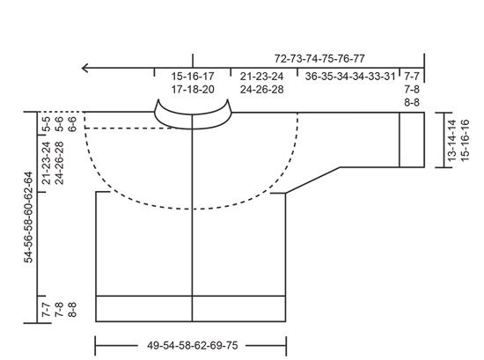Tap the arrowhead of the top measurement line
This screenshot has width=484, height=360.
[84, 67]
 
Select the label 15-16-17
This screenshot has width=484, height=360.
[191, 77]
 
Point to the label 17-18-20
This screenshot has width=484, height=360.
[191, 90]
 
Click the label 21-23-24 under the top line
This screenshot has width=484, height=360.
[263, 77]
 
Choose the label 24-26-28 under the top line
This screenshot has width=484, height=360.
[263, 90]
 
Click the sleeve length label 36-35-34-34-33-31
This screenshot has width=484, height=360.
[349, 77]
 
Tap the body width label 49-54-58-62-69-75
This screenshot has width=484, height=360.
[193, 345]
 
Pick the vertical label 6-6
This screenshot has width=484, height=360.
[72, 122]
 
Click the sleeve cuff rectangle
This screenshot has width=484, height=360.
[413, 139]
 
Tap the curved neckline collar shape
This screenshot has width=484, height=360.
[192, 114]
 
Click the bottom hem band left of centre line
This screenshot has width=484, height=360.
[143, 308]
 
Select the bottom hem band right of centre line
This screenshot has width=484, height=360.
[240, 308]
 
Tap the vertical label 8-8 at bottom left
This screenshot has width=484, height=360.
[72, 310]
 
